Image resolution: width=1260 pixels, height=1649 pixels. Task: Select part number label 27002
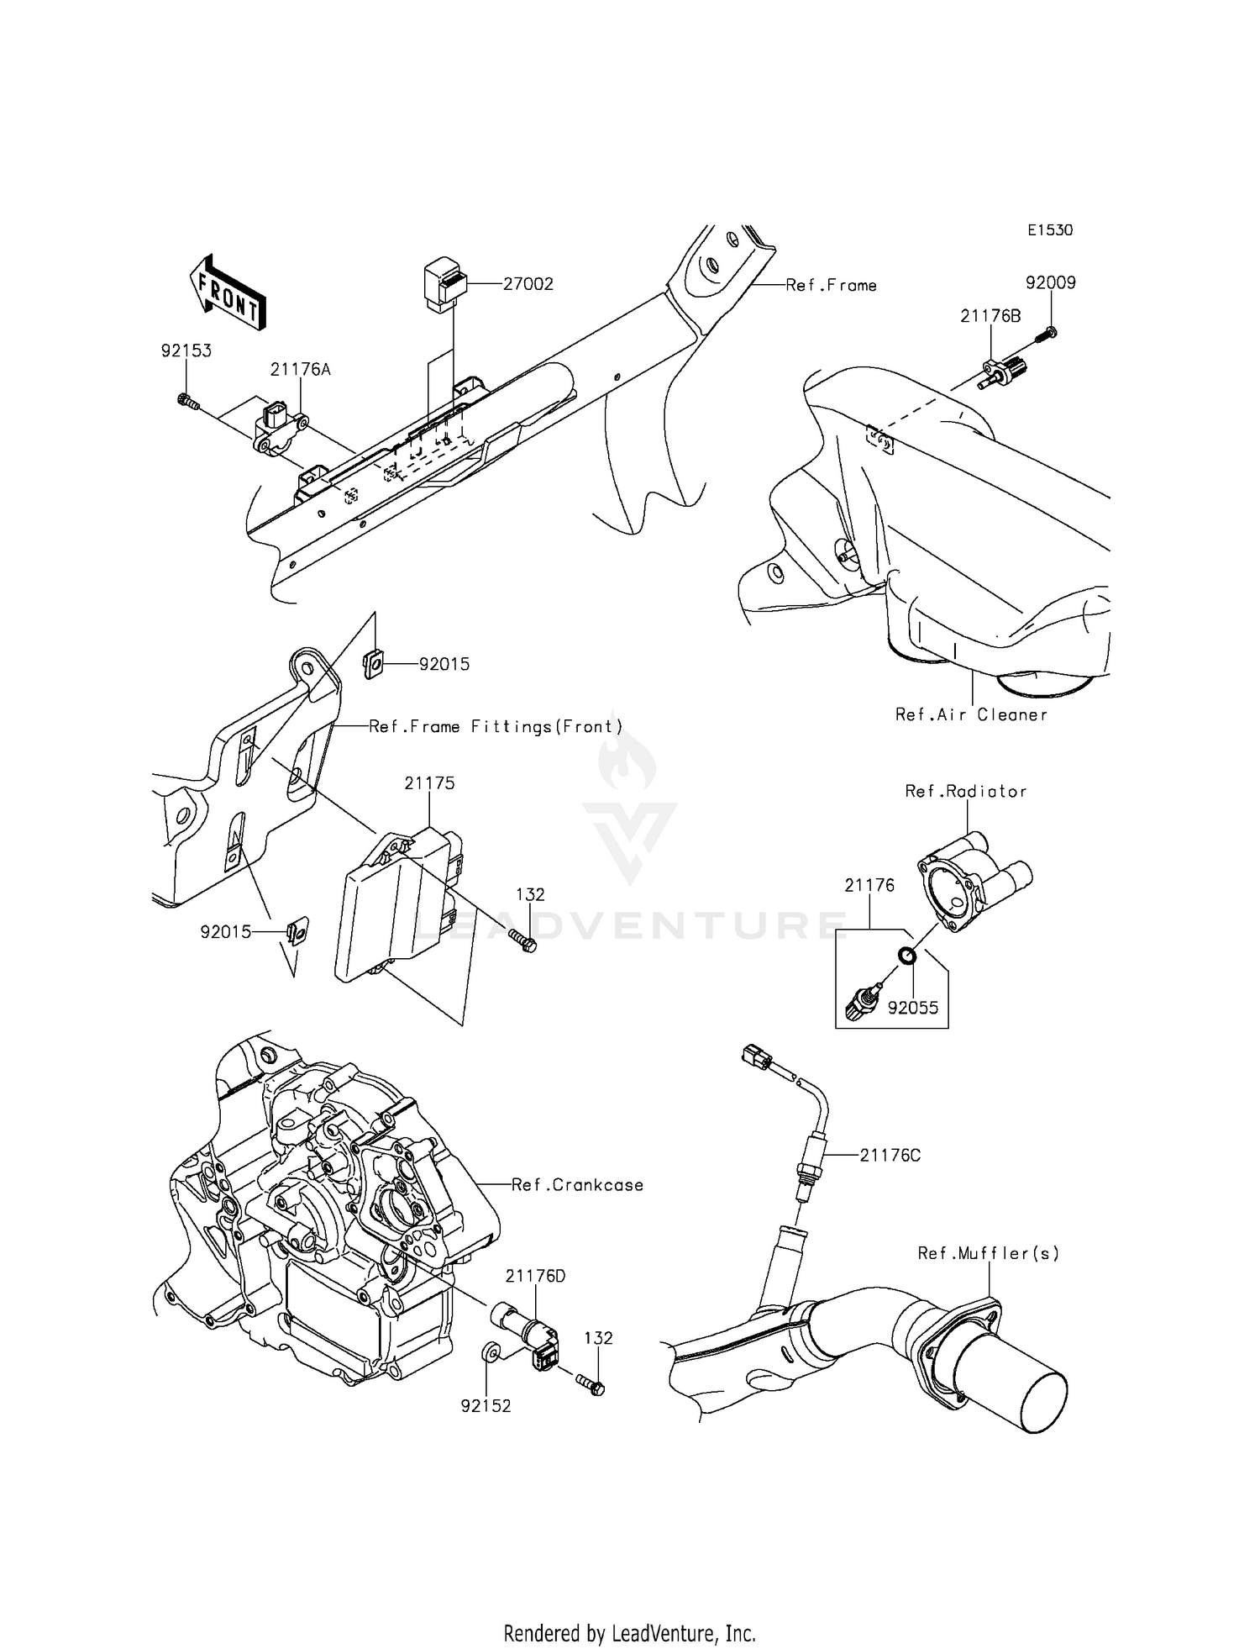coord(528,284)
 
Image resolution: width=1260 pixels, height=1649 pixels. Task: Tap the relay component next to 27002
coord(445,283)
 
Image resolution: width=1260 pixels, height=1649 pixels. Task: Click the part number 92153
coord(186,350)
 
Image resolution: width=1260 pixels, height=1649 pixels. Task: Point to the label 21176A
coord(300,369)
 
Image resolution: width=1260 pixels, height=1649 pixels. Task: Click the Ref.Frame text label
coord(831,286)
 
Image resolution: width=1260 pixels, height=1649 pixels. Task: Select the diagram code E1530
coord(1049,230)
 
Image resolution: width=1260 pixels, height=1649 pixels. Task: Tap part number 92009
coord(1050,282)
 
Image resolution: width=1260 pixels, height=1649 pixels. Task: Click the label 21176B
coord(991,316)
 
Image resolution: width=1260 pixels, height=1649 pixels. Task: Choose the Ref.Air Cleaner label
coord(971,715)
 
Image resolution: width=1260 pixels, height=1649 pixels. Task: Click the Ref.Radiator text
coord(966,791)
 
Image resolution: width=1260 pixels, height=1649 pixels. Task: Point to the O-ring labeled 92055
coord(907,956)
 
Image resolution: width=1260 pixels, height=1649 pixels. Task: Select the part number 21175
coord(429,782)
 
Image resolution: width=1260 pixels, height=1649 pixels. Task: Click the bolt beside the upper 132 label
coord(522,941)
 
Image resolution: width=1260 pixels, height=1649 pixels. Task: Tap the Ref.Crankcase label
coord(577,1185)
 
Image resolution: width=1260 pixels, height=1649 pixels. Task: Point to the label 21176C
coord(890,1156)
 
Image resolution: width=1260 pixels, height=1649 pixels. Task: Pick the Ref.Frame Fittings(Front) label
coord(496,726)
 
